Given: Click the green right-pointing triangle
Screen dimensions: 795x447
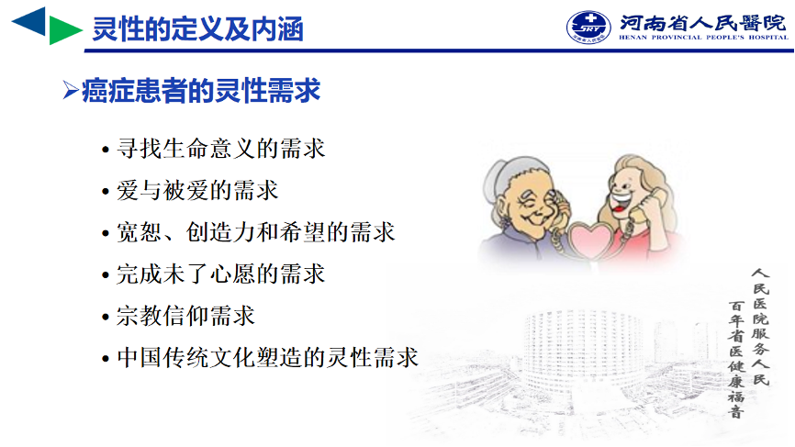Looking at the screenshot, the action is (x=62, y=30).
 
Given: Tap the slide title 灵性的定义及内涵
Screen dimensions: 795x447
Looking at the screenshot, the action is (x=197, y=28).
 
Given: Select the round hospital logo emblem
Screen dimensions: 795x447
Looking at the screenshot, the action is (x=588, y=27).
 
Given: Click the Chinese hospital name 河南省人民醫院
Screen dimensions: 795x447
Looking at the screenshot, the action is (x=702, y=23).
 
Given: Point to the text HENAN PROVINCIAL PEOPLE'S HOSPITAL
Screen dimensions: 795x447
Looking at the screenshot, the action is (x=703, y=37).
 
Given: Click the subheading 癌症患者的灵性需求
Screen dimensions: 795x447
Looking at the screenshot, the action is (x=201, y=91).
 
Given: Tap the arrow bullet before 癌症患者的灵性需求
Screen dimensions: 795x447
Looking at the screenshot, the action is (x=71, y=91).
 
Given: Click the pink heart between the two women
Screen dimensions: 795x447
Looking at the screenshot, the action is (x=591, y=240).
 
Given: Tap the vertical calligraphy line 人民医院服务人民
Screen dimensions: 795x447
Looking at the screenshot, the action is (x=760, y=327).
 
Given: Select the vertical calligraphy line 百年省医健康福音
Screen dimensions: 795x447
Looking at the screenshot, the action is (x=736, y=359).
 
